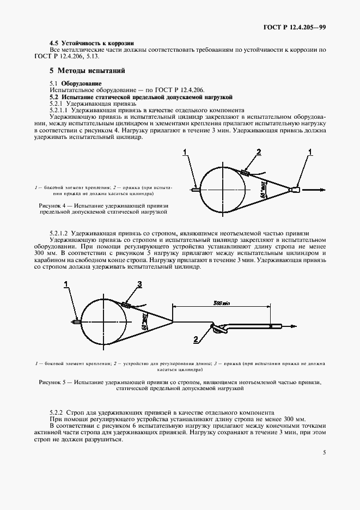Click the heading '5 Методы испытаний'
tap(87, 71)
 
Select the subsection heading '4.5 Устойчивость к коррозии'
tap(91, 43)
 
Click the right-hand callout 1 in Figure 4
tap(311, 151)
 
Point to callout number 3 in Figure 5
tap(139, 284)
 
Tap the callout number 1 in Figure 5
tap(66, 284)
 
